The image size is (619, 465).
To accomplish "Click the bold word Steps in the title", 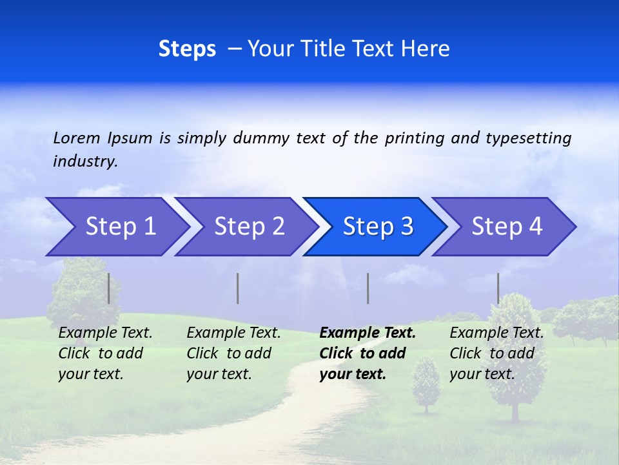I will tap(187, 49).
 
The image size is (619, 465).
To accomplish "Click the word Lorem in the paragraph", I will tap(76, 138).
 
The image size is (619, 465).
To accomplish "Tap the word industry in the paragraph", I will tap(85, 161).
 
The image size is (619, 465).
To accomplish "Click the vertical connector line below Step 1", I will tap(109, 288).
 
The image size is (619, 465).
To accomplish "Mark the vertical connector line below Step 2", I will tap(238, 288).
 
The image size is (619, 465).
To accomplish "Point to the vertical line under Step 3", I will tap(368, 288).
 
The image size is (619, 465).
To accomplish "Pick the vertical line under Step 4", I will tap(498, 288).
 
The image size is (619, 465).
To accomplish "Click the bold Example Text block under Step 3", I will tap(368, 353).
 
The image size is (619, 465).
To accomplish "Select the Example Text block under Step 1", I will tap(105, 353).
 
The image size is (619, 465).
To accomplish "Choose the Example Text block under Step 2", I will tap(233, 353).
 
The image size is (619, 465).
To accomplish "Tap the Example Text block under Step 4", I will tap(496, 353).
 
